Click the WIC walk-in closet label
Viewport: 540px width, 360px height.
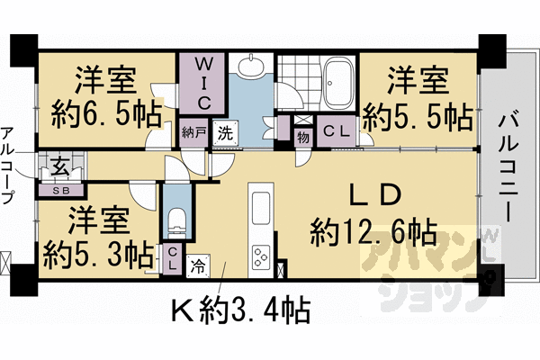[x=204, y=84]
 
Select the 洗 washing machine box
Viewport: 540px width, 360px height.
[x=226, y=133]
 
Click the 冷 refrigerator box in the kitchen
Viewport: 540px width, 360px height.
[x=198, y=265]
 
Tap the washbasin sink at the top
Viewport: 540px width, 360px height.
[x=252, y=65]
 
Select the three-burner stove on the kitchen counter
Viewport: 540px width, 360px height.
[x=261, y=257]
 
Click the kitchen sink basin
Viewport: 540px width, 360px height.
[x=261, y=209]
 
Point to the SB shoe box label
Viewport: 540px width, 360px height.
[x=61, y=191]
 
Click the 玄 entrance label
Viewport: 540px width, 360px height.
[x=61, y=166]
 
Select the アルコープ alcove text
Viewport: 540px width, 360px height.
[x=8, y=166]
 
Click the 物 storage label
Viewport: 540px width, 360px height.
[x=303, y=138]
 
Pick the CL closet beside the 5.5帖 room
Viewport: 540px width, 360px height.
[x=337, y=130]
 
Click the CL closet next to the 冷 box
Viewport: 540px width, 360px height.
[x=173, y=259]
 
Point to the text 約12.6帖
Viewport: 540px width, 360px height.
[x=374, y=234]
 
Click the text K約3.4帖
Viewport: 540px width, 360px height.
[x=242, y=310]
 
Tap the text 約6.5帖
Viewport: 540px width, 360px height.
[x=106, y=113]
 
